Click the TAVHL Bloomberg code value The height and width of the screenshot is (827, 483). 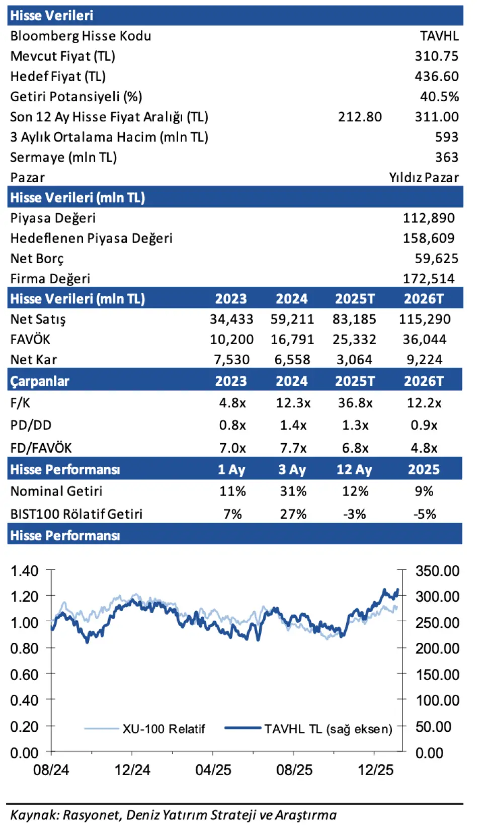point(439,36)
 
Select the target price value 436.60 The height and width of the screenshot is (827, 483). point(436,76)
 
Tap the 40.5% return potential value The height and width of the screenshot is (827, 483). point(439,97)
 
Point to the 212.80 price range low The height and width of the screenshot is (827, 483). point(360,117)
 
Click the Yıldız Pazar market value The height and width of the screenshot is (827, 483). point(424,178)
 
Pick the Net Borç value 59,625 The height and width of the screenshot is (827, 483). point(436,259)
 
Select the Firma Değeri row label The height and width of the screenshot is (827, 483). point(50,279)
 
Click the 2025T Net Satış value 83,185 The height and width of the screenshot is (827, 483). point(354,319)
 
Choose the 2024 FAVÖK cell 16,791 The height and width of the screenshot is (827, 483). point(292,340)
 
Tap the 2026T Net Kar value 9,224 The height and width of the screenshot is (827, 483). point(424,360)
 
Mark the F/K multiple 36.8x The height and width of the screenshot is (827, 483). point(355,403)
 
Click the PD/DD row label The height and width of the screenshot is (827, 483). point(31,425)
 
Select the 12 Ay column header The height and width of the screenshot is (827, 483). point(354,470)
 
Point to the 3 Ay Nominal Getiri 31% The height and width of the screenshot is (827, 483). point(293,491)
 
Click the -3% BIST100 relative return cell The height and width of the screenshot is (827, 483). point(354,514)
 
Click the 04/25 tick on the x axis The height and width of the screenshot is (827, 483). point(213,770)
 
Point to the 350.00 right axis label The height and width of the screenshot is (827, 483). point(437,571)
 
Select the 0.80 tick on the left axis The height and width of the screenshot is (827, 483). point(24,648)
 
